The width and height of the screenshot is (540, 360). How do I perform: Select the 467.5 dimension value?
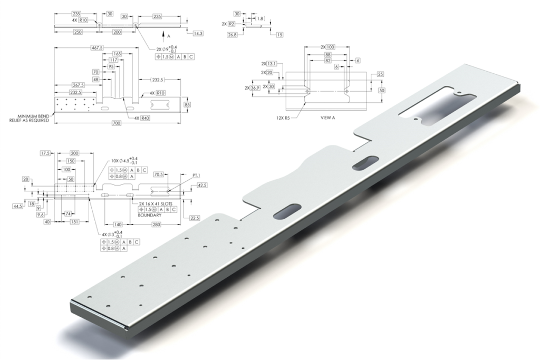click(97, 47)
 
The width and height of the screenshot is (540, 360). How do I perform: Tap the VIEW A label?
click(328, 118)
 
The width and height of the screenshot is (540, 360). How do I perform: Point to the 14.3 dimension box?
click(198, 33)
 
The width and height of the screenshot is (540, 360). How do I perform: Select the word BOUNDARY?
click(149, 216)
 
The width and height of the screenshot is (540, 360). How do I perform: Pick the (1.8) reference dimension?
click(260, 18)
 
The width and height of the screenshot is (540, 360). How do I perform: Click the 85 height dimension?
click(187, 104)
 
